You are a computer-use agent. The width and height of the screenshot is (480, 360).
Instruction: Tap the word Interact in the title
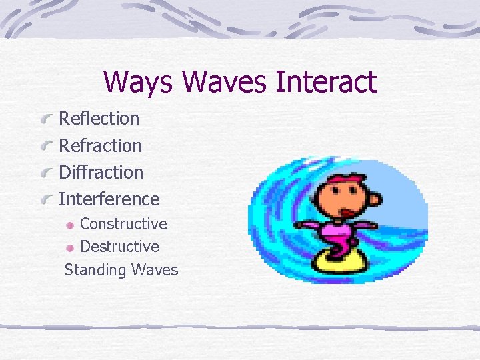[x=327, y=83]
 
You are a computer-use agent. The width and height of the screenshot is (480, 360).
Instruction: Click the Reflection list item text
[x=99, y=119]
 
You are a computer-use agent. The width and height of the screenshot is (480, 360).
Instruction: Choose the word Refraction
[x=101, y=145]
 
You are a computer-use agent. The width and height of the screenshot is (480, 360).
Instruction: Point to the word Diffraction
[x=101, y=172]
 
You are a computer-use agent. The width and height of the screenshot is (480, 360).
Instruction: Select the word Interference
[x=109, y=199]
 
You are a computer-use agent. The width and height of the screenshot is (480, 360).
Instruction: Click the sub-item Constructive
[x=123, y=223]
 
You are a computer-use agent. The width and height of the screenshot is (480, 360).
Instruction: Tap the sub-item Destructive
[x=119, y=247]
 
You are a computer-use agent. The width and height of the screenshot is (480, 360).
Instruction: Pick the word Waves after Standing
[x=155, y=270]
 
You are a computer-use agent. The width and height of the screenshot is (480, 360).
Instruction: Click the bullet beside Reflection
[x=46, y=120]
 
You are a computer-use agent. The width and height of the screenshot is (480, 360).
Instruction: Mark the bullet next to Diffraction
[x=46, y=173]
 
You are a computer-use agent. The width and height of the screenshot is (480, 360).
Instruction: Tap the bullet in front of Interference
[x=46, y=200]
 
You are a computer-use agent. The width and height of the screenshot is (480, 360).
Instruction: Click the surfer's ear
[x=375, y=199]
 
